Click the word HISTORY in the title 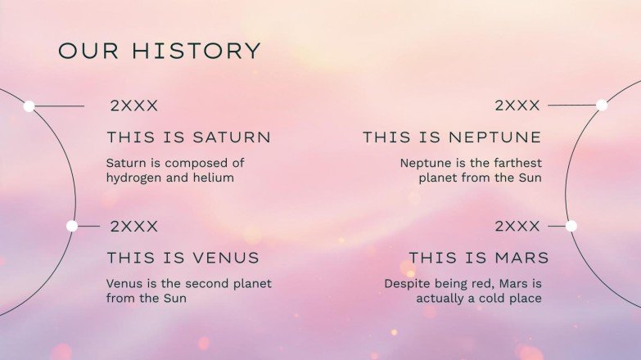(196, 51)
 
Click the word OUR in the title (88, 51)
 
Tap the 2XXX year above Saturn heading (134, 106)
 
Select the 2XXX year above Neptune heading (517, 106)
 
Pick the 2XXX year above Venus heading (134, 227)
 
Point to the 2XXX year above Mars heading (517, 226)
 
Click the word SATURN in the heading (232, 137)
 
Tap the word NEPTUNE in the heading (495, 137)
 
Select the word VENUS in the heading (226, 258)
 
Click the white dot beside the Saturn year (29, 106)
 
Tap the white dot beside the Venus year (72, 226)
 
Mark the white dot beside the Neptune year (602, 106)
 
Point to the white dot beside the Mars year (571, 226)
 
